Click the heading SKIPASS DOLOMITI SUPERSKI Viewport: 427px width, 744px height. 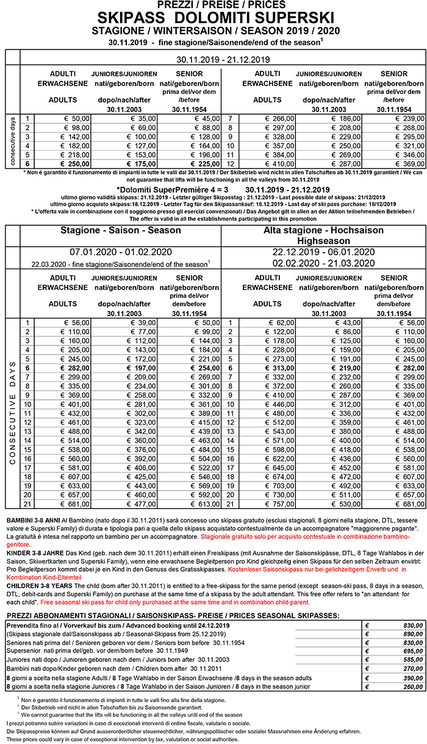pyautogui.click(x=213, y=16)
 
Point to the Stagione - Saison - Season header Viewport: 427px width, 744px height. pyautogui.click(x=121, y=230)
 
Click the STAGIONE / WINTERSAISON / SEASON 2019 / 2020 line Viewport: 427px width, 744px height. pyautogui.click(x=213, y=30)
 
